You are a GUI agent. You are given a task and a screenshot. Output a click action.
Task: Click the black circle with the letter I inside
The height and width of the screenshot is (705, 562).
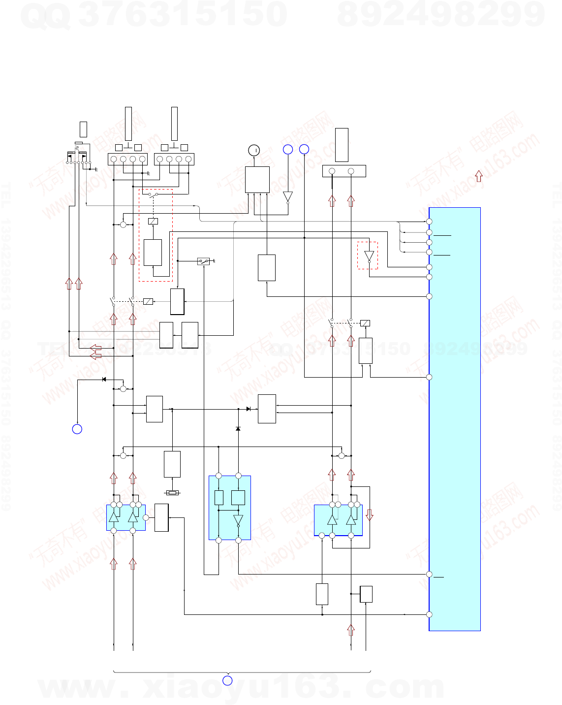254,150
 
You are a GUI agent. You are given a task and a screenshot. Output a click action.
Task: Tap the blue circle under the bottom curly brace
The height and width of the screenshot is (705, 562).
227,680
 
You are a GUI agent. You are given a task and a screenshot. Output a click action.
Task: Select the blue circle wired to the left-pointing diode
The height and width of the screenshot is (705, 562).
77,429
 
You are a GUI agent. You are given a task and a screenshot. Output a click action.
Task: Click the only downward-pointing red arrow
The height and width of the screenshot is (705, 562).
370,515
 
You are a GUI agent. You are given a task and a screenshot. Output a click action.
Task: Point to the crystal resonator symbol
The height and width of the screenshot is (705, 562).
172,492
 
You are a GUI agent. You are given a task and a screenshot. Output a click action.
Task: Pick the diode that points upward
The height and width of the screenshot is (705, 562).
238,429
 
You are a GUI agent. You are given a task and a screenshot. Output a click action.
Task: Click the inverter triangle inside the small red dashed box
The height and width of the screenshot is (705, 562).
369,256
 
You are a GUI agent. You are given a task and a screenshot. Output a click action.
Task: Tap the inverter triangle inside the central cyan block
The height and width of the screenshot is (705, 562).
238,520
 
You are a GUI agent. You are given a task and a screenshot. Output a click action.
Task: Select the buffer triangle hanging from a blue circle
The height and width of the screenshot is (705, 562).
288,197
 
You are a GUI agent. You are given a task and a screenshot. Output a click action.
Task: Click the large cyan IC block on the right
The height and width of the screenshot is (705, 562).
455,418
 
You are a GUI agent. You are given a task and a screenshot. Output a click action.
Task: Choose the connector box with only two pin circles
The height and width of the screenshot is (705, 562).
344,171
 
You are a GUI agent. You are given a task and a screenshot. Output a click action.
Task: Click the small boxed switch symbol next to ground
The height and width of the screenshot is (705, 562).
203,261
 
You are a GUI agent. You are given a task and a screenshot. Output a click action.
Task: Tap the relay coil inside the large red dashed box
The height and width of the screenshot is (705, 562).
153,221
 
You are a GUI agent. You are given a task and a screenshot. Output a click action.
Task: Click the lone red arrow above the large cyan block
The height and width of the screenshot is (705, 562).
478,176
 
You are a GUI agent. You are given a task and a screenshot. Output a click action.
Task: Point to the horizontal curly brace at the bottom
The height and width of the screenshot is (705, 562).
242,672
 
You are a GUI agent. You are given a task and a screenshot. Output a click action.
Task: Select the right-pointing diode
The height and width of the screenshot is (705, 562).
249,409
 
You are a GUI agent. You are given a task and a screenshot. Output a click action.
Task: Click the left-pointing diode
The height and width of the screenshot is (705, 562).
104,379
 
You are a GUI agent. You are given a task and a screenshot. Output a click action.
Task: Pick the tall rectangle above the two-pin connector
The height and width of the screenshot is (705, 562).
342,145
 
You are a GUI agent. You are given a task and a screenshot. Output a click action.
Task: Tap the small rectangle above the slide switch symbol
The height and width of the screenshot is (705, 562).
83,129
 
